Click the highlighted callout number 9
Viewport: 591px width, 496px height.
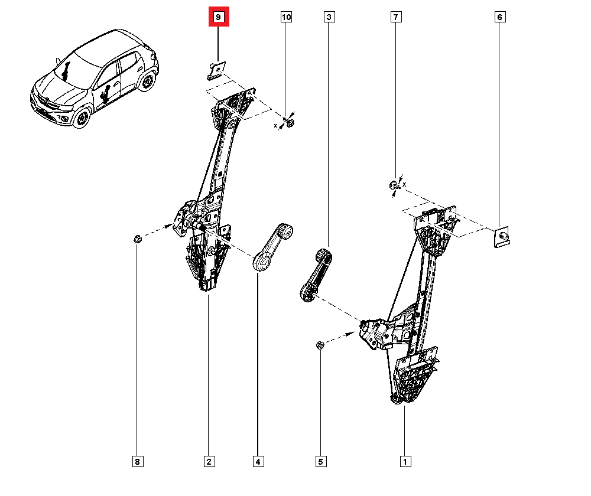point(218,18)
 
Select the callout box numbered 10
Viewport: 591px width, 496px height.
point(286,18)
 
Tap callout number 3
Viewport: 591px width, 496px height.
point(329,18)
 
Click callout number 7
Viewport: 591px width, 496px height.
point(395,18)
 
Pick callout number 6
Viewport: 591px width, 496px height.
point(499,18)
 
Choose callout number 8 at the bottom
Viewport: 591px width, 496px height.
point(137,462)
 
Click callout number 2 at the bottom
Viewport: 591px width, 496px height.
point(209,462)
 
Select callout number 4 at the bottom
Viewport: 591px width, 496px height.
point(258,462)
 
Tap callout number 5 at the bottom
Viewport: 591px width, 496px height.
point(320,462)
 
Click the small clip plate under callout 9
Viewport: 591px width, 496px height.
point(216,70)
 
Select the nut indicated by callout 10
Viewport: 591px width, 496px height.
point(290,123)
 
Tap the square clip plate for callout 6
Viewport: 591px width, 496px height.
point(502,236)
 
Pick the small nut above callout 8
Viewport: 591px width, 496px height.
point(137,239)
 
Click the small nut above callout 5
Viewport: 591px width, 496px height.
point(320,345)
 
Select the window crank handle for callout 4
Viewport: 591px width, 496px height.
point(271,246)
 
